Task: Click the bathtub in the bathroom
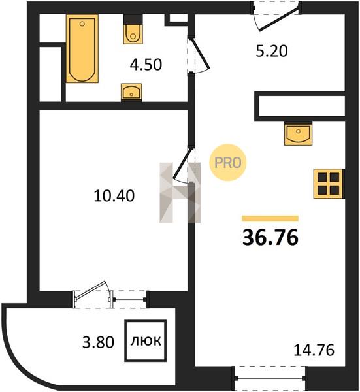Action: click(82, 48)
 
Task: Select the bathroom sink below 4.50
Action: click(131, 91)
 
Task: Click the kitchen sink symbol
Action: click(298, 133)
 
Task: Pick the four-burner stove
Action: click(329, 184)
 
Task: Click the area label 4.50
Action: click(146, 65)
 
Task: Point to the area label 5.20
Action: click(272, 51)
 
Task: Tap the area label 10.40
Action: click(114, 196)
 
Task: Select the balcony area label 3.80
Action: click(98, 342)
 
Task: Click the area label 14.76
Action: click(314, 350)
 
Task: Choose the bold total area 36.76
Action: click(270, 238)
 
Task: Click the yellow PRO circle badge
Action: click(228, 163)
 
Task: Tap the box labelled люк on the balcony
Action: click(146, 340)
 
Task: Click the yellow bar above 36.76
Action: click(270, 218)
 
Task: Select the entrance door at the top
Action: click(280, 18)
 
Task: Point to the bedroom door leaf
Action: click(183, 162)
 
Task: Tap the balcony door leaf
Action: click(91, 290)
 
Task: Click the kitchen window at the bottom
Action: click(270, 378)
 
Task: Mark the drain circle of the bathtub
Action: click(82, 24)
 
